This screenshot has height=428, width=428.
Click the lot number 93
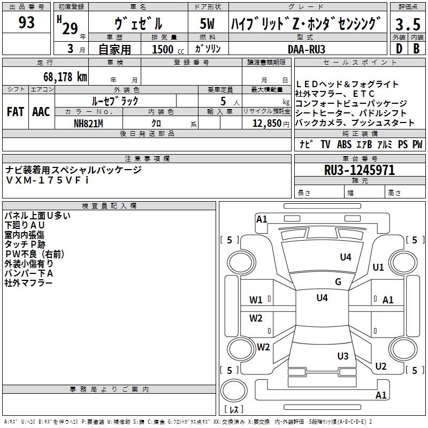[x=26, y=23]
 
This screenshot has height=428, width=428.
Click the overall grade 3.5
[x=408, y=25]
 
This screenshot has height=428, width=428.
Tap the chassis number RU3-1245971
[x=360, y=171]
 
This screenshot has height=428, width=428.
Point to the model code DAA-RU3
[x=306, y=49]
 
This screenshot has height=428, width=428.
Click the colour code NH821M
[x=88, y=123]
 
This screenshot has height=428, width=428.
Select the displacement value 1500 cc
[x=166, y=49]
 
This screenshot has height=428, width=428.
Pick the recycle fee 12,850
[x=266, y=123]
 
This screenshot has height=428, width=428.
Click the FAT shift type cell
[x=15, y=112]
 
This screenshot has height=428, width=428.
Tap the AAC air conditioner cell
[x=41, y=112]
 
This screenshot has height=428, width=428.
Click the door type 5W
[x=208, y=25]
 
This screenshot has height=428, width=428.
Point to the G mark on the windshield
[x=338, y=282]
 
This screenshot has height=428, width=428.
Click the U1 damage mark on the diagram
[x=378, y=267]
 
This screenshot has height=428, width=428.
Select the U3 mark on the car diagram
[x=343, y=356]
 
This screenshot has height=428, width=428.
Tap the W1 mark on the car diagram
[x=256, y=300]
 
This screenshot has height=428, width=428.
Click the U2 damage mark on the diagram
[x=380, y=366]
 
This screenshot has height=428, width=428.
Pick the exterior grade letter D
[x=399, y=48]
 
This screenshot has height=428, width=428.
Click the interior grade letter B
[x=416, y=48]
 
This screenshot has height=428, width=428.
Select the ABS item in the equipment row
[x=344, y=144]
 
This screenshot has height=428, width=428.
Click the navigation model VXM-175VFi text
[x=48, y=180]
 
